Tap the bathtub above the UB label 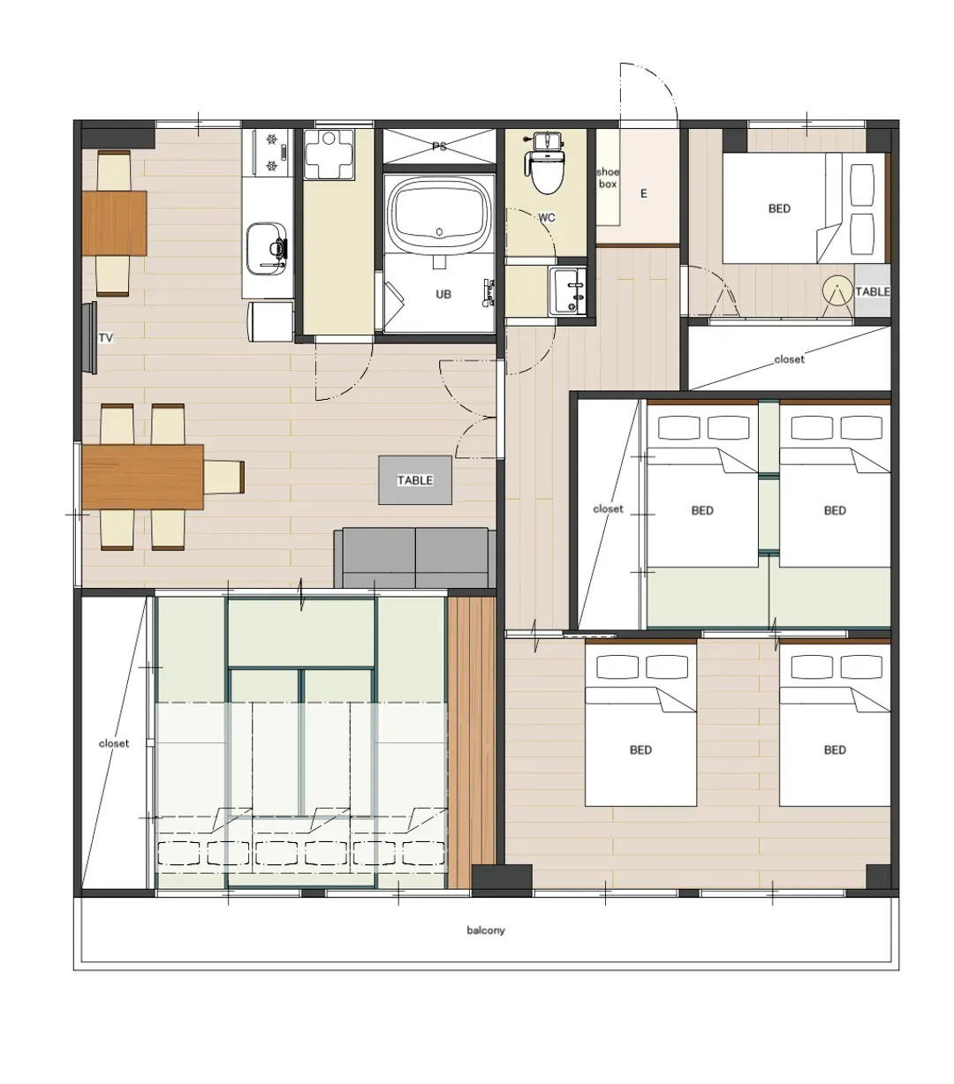point(440,214)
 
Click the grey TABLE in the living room point(415,480)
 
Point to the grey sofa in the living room point(415,558)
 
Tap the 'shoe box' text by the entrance point(608,177)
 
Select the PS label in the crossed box point(439,146)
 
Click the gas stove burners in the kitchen point(272,153)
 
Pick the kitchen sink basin point(266,250)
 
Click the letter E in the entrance point(643,193)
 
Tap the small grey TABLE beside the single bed point(872,291)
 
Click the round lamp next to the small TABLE point(837,290)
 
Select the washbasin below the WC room point(567,291)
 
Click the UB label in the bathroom point(443,294)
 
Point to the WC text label point(546,218)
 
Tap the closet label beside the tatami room point(113,743)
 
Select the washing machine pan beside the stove point(329,154)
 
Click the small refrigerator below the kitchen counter point(270,321)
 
